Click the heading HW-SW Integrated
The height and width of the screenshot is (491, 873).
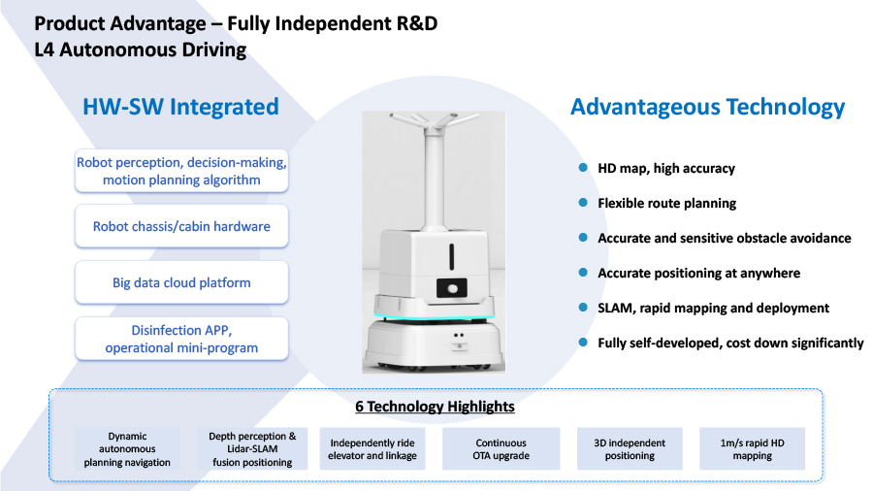pos(180,107)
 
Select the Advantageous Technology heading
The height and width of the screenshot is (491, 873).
pos(708,107)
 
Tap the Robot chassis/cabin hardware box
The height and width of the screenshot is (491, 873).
pos(181,226)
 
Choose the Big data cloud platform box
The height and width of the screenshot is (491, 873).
pos(181,282)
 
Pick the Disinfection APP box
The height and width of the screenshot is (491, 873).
pos(181,339)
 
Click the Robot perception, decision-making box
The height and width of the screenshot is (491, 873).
pos(181,171)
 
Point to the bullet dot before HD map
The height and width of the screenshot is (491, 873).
pos(583,168)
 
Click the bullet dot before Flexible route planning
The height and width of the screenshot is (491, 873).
pos(583,203)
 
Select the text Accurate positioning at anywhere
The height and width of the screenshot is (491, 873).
pos(698,273)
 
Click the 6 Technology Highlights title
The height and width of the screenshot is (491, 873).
pos(435,407)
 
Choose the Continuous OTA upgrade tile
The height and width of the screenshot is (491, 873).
pos(501,448)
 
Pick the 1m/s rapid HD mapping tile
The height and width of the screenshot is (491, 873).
pos(752,448)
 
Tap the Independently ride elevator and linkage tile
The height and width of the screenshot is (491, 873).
pos(372,448)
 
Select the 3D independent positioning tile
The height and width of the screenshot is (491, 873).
pos(630,448)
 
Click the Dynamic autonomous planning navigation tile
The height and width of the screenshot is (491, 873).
pos(127,448)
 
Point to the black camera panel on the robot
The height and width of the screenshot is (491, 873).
pos(451,288)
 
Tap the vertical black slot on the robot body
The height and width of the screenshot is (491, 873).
pos(451,256)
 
